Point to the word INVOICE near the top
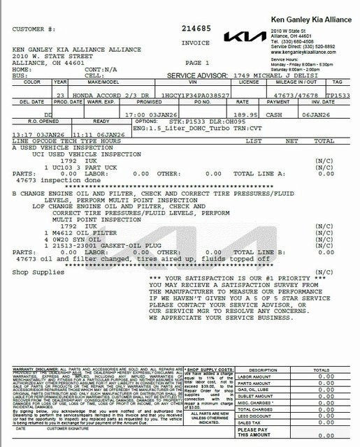point(196,41)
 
